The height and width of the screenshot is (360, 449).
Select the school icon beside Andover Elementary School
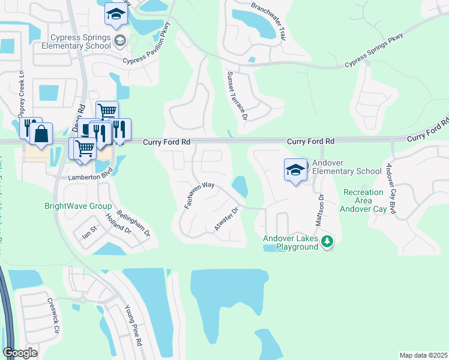(x=295, y=171)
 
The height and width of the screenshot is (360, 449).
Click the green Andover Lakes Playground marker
(x=327, y=242)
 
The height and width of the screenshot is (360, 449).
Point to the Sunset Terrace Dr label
(x=237, y=96)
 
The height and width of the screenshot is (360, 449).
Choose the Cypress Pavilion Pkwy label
(x=148, y=45)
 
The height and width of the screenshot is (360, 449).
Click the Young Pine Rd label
(x=133, y=325)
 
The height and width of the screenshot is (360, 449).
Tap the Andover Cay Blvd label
(x=391, y=188)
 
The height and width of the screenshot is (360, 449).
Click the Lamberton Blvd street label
(x=74, y=178)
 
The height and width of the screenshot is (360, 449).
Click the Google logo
(x=20, y=352)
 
